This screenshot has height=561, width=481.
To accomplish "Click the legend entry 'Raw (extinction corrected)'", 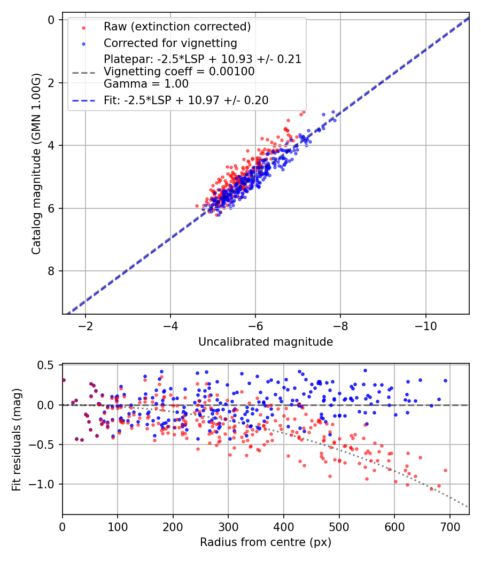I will tap(177, 27).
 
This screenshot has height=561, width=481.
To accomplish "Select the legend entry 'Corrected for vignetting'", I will tap(170, 43).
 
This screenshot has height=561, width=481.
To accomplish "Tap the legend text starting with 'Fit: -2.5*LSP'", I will tap(186, 100).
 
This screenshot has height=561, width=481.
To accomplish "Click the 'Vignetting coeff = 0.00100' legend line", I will tap(179, 72).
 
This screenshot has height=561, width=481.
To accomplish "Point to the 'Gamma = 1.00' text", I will tap(146, 83).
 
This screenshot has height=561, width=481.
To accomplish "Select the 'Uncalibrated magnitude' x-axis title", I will tap(266, 342).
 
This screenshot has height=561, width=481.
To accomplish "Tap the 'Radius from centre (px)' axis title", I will tap(266, 542).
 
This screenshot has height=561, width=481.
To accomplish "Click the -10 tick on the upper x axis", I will tap(425, 326).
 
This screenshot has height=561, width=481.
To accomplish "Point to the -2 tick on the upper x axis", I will tap(86, 326).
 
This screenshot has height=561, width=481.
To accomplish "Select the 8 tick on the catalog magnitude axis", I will tap(52, 271).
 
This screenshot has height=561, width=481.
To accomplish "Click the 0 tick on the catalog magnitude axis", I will tap(52, 20).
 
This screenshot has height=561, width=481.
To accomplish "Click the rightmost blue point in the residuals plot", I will tap(445, 381).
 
